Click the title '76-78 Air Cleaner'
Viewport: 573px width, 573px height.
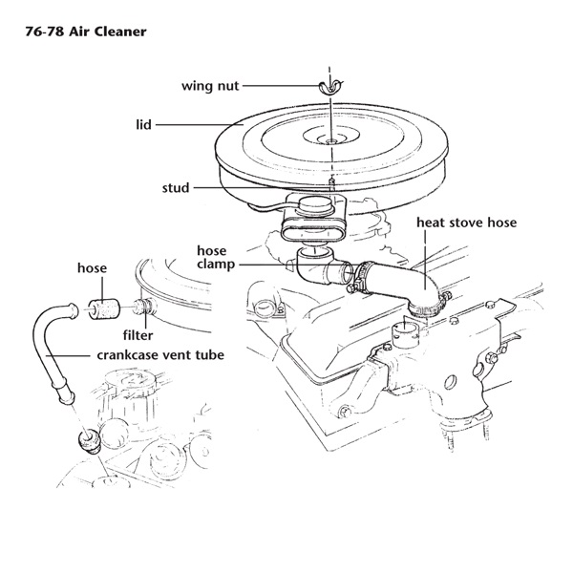pos(86,32)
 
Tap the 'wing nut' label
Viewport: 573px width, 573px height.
pos(210,86)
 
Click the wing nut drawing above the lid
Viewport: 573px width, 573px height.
pos(330,87)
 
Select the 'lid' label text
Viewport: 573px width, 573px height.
pos(143,124)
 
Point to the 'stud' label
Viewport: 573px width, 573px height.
pos(176,188)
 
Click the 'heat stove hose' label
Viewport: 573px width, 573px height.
pos(467,223)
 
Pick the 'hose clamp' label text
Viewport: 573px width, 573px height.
pos(216,257)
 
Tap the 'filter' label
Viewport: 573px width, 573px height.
pos(138,335)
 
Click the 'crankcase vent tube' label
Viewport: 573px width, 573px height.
pos(160,355)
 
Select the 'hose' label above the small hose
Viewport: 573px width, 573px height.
pos(92,267)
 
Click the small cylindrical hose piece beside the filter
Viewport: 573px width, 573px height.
pos(104,308)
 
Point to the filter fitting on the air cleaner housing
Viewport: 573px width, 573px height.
pos(143,307)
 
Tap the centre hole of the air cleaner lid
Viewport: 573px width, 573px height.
pos(330,140)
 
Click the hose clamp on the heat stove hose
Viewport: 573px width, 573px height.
pos(362,277)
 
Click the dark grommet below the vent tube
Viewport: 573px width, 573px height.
pos(89,440)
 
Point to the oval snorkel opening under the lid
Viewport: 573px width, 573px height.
pos(313,229)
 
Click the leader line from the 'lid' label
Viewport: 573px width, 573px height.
pos(200,125)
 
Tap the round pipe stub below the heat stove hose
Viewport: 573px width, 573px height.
pos(405,334)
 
